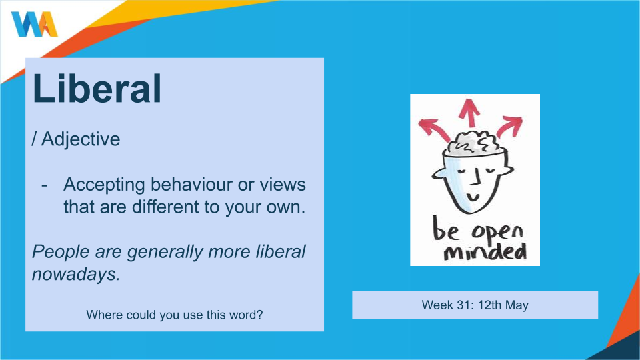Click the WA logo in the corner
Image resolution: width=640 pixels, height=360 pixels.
(x=34, y=24)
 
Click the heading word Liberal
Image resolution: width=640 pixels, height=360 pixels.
(x=97, y=89)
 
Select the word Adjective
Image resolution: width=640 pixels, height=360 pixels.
(x=81, y=139)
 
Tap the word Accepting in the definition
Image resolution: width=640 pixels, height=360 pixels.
(x=104, y=185)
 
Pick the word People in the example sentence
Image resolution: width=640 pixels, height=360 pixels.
(x=61, y=252)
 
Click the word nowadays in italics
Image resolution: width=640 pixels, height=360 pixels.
(x=76, y=274)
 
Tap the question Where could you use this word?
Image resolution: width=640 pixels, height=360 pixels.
(x=174, y=315)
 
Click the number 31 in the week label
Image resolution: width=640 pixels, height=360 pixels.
(x=464, y=305)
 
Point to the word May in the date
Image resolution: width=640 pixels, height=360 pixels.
(x=517, y=305)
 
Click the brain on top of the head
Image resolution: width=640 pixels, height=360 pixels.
(x=474, y=143)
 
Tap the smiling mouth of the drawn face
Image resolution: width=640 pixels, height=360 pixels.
(x=473, y=197)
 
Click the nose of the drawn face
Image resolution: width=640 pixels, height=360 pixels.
(x=475, y=176)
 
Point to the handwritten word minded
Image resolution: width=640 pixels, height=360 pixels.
(x=485, y=252)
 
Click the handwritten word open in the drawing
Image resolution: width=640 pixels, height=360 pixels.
(x=497, y=233)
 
